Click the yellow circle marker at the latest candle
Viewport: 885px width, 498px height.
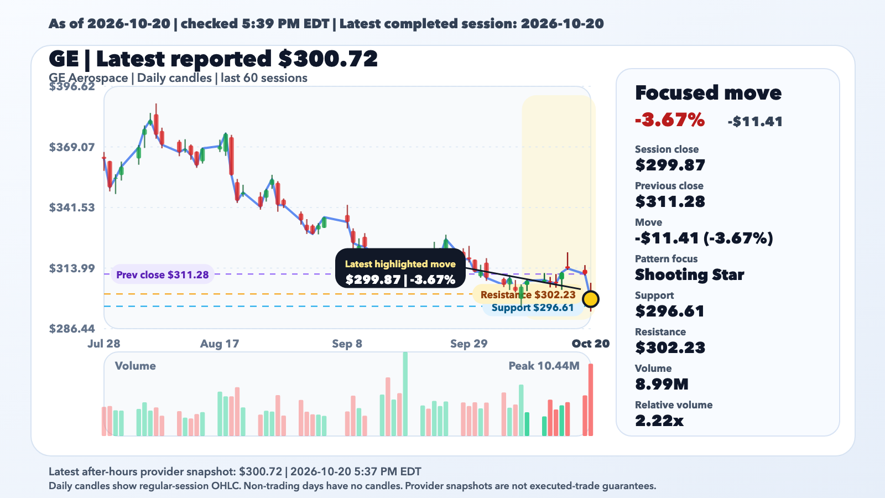pyautogui.click(x=591, y=299)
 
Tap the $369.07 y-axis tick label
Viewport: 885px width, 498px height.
pyautogui.click(x=72, y=147)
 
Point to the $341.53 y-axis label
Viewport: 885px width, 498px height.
pyautogui.click(x=72, y=207)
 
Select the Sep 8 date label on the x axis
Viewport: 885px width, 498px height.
pyautogui.click(x=347, y=344)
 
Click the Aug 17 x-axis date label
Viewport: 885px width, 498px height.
pyautogui.click(x=220, y=344)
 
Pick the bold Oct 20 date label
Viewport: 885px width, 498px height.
pyautogui.click(x=591, y=344)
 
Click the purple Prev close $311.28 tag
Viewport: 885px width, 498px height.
pyautogui.click(x=163, y=274)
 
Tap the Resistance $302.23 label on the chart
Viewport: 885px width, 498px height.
pyautogui.click(x=528, y=295)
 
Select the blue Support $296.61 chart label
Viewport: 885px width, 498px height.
pyautogui.click(x=533, y=308)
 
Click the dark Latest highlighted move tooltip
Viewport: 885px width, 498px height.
pyautogui.click(x=400, y=268)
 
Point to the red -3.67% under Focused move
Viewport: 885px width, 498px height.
pyautogui.click(x=670, y=120)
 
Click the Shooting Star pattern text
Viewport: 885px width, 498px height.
pyautogui.click(x=689, y=274)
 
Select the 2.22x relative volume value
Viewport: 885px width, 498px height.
pyautogui.click(x=659, y=421)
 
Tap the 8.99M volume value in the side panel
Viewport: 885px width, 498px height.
pyautogui.click(x=662, y=384)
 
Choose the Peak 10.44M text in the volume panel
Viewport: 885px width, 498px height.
pyautogui.click(x=544, y=366)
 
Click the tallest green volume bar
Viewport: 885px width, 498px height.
pyautogui.click(x=405, y=394)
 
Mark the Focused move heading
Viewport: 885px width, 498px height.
pyautogui.click(x=708, y=93)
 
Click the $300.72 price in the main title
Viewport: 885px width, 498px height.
pyautogui.click(x=328, y=59)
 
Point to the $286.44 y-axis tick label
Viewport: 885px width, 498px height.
pyautogui.click(x=72, y=329)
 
